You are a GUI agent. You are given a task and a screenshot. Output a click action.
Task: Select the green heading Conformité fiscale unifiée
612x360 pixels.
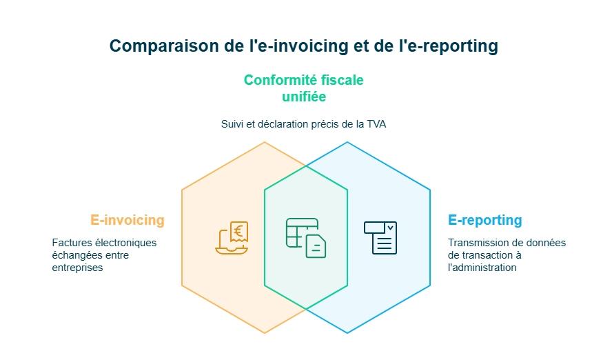click(x=304, y=88)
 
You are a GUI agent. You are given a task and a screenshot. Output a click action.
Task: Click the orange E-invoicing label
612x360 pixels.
click(x=127, y=221)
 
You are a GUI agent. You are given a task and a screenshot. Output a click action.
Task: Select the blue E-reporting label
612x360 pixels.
click(x=484, y=221)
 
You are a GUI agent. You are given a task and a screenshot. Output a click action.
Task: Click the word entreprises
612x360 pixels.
click(x=77, y=268)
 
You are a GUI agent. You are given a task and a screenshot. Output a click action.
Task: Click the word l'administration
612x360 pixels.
click(x=482, y=268)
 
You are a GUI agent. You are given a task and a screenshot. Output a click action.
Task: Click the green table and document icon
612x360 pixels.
click(x=306, y=238)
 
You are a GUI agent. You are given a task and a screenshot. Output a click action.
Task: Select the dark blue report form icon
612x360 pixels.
click(x=380, y=238)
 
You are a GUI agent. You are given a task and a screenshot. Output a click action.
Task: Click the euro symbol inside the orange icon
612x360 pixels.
click(x=238, y=231)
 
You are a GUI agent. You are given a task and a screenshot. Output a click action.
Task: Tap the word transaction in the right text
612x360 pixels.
click(x=489, y=255)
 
